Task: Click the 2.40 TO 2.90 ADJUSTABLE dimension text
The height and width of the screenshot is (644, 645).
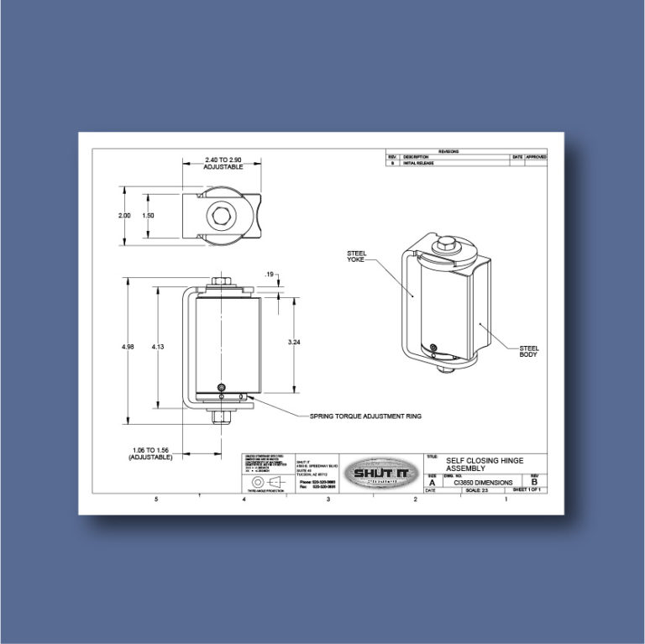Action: click(223, 163)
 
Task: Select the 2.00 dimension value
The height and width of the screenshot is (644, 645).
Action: click(124, 216)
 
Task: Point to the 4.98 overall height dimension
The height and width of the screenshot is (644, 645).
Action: click(124, 346)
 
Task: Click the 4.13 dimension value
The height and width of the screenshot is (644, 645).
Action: click(158, 346)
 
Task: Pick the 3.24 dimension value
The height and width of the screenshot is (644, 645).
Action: click(295, 343)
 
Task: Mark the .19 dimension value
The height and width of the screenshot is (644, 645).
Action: click(270, 274)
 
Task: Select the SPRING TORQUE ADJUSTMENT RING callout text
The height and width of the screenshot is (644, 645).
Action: click(365, 416)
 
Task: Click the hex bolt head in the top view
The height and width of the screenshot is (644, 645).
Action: click(223, 217)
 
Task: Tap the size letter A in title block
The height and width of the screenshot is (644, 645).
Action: click(433, 484)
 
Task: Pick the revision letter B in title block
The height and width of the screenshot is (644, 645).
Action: click(535, 484)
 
